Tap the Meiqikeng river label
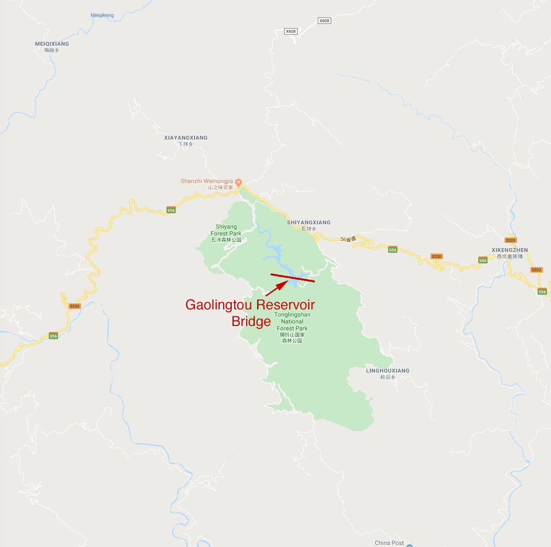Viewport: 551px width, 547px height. (102, 15)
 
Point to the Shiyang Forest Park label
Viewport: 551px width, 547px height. (226, 233)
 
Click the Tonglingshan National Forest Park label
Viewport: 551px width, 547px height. (292, 327)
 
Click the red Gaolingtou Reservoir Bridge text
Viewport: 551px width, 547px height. (250, 313)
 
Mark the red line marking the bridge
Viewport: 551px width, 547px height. (293, 278)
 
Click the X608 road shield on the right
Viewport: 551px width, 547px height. (324, 21)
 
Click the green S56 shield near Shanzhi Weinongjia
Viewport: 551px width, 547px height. (171, 210)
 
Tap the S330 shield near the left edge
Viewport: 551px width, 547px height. (75, 306)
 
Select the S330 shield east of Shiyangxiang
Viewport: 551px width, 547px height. (436, 256)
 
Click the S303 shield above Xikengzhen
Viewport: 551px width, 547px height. (511, 240)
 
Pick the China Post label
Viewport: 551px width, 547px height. (389, 543)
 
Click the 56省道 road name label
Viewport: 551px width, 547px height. (348, 239)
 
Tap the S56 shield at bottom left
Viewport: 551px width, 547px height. (53, 336)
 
